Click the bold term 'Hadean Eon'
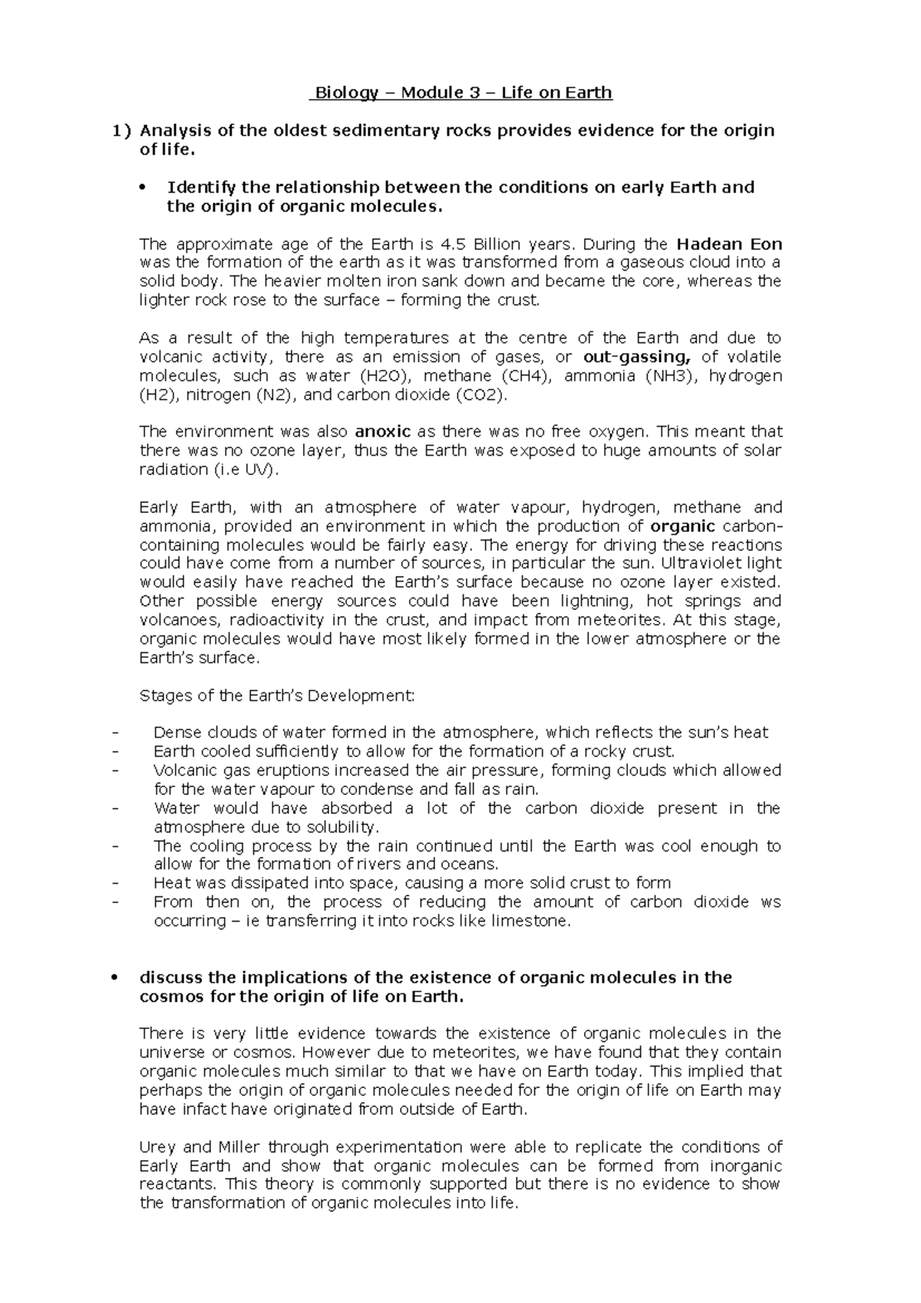point(729,244)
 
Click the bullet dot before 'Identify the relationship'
point(143,187)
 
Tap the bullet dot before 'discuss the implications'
point(114,978)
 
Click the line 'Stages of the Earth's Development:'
point(276,696)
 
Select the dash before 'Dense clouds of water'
point(114,733)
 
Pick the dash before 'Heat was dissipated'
point(114,883)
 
